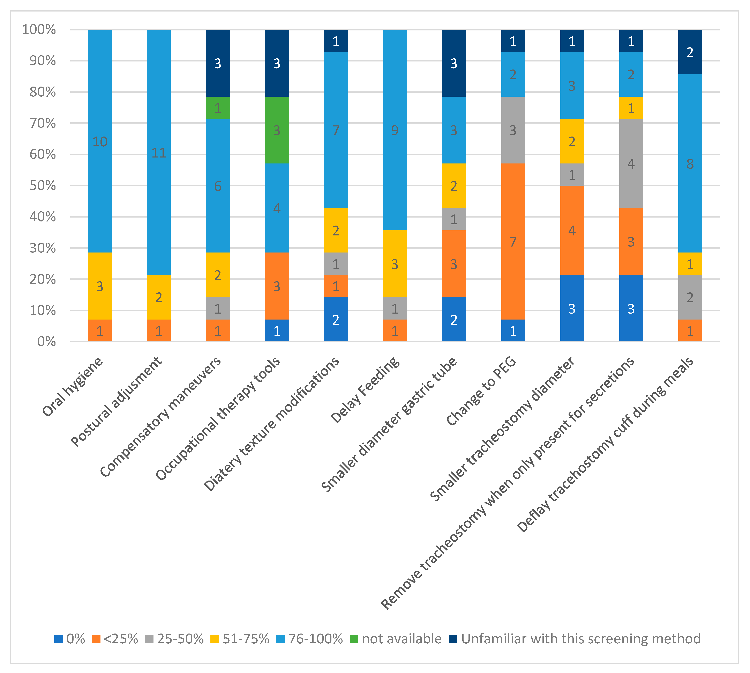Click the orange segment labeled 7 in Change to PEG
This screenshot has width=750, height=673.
(513, 241)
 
